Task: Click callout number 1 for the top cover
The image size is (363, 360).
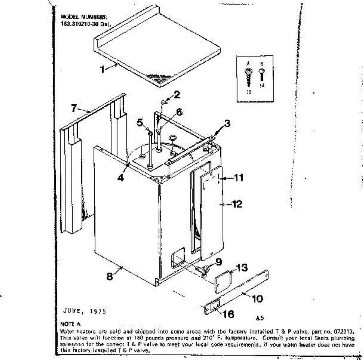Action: [x=103, y=69]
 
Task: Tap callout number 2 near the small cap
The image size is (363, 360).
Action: [x=177, y=95]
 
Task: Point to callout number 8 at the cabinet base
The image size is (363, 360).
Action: [x=110, y=276]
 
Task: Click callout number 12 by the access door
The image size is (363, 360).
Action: [x=237, y=204]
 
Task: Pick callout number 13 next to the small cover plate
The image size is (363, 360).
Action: [x=241, y=267]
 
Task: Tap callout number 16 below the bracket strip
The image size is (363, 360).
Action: [x=228, y=314]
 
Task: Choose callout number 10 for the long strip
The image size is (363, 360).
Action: [x=257, y=299]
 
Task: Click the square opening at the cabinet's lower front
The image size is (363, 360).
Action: [x=178, y=257]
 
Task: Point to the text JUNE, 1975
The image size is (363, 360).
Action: [x=85, y=311]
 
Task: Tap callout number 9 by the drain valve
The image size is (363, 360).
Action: [x=218, y=262]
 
